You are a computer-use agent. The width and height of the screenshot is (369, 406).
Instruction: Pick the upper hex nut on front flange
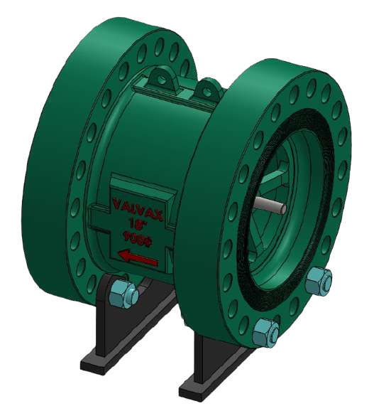point(318,281)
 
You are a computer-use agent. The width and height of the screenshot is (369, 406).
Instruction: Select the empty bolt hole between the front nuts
point(295,313)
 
